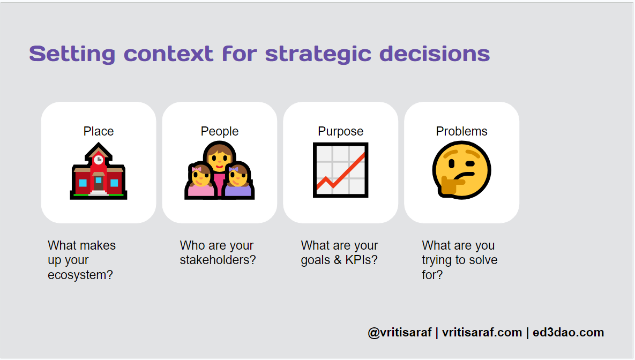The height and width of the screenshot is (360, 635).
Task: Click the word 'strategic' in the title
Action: pyautogui.click(x=318, y=55)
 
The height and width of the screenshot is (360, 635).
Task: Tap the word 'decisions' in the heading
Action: pyautogui.click(x=435, y=54)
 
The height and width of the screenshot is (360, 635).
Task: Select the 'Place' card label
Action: pyautogui.click(x=99, y=131)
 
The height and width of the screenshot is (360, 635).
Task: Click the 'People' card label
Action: pyautogui.click(x=220, y=132)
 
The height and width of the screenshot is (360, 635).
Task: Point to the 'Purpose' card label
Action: pyautogui.click(x=341, y=132)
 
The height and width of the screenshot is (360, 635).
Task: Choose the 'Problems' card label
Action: pyautogui.click(x=462, y=131)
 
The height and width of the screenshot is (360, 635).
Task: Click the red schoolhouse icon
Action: pyautogui.click(x=99, y=171)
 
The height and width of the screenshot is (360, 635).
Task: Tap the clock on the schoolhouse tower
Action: pyautogui.click(x=99, y=160)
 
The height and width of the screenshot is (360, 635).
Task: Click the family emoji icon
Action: pyautogui.click(x=220, y=170)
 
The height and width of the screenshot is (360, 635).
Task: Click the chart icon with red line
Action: pyautogui.click(x=341, y=170)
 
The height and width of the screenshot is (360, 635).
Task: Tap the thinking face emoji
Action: pyautogui.click(x=462, y=170)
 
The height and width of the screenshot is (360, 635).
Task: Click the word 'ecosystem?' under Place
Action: pyautogui.click(x=80, y=275)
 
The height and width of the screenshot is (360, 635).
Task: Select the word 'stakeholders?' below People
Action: pyautogui.click(x=218, y=260)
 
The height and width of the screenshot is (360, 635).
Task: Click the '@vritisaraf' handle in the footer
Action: pyautogui.click(x=400, y=333)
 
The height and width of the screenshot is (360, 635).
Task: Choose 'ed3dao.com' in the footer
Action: pyautogui.click(x=568, y=333)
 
